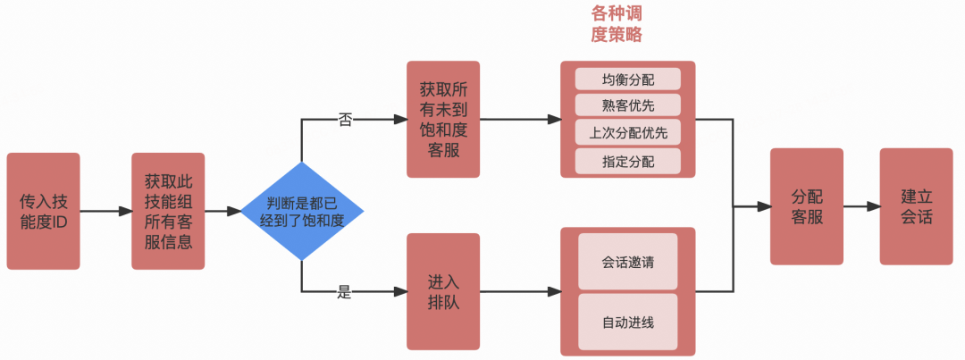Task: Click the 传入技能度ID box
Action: (43, 211)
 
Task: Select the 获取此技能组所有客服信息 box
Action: (168, 211)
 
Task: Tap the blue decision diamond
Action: (302, 212)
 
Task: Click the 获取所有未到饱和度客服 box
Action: (443, 119)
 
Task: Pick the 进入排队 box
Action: (443, 291)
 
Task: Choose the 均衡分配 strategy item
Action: (627, 79)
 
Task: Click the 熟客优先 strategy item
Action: (627, 105)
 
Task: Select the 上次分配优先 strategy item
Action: (627, 133)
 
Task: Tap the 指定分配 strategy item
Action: (627, 161)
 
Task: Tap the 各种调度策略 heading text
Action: (617, 24)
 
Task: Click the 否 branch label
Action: (345, 119)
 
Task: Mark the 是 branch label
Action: (345, 291)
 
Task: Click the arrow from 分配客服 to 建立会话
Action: (861, 206)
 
